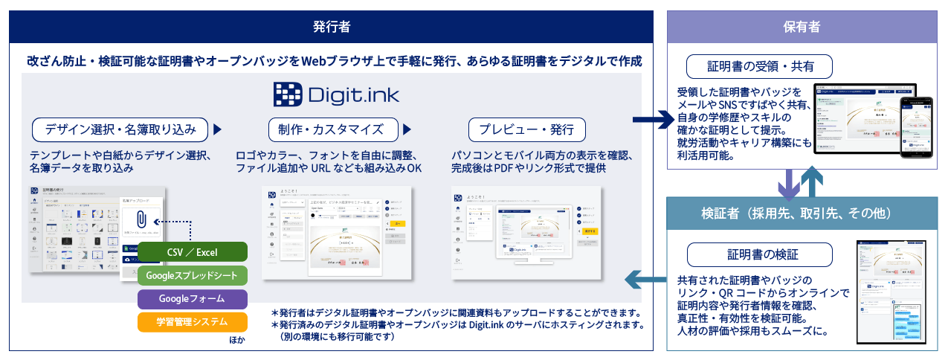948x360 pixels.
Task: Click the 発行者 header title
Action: (332, 27)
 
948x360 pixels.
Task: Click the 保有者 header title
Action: (802, 27)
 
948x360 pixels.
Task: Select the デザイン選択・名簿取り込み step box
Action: (120, 129)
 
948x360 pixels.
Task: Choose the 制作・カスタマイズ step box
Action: (331, 129)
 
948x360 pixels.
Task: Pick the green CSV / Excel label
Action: (193, 252)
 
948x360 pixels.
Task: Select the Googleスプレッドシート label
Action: (193, 275)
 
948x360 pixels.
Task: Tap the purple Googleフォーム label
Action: (193, 298)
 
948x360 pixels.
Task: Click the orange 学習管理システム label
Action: (193, 322)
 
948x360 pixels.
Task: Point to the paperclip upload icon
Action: (141, 221)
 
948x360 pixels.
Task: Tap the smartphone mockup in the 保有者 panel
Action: (918, 126)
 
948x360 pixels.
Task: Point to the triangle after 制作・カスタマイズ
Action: (407, 129)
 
